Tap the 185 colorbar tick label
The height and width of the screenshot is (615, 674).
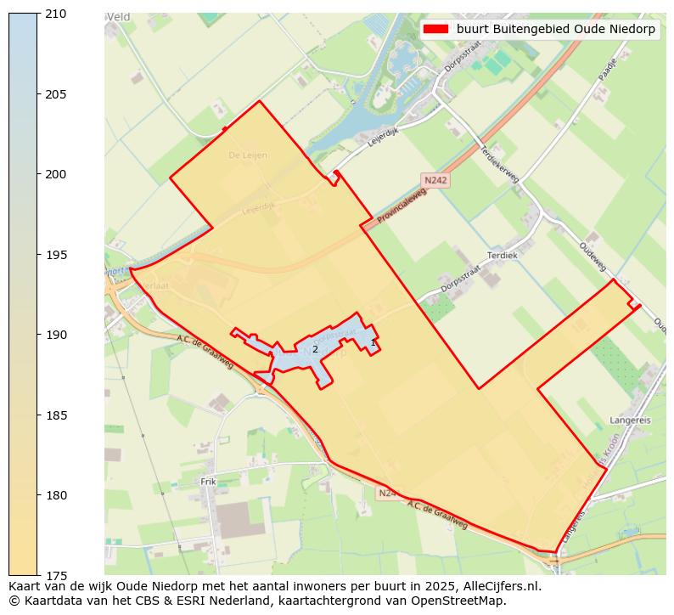point(57,415)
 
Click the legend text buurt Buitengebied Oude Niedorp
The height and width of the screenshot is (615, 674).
point(555,29)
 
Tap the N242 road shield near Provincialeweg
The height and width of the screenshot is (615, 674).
point(435,180)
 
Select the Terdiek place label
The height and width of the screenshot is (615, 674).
point(502,255)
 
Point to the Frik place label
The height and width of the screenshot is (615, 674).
point(208,482)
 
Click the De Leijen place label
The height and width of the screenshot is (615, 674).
point(248,155)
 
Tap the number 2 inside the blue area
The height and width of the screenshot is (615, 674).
point(315,349)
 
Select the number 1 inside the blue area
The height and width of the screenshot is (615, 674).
point(373,342)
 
